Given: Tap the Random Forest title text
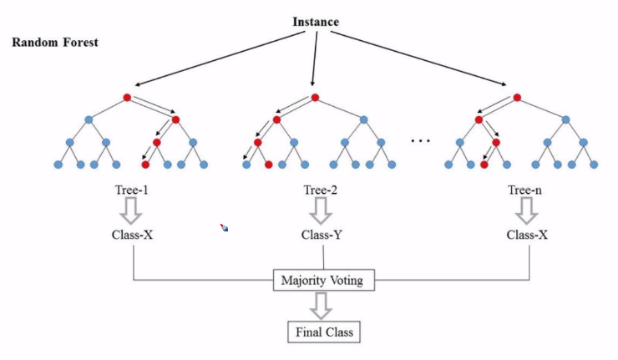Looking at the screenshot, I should [x=55, y=42].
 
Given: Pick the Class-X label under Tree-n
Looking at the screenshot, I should [x=528, y=235].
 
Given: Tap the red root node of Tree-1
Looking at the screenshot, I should [x=127, y=98].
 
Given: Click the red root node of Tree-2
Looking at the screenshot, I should [x=315, y=98].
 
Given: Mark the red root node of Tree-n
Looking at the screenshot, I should [x=518, y=98].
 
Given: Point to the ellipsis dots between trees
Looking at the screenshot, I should [x=420, y=140].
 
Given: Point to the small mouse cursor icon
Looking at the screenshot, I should [x=224, y=226].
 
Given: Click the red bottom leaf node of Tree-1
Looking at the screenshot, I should [x=144, y=164].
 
